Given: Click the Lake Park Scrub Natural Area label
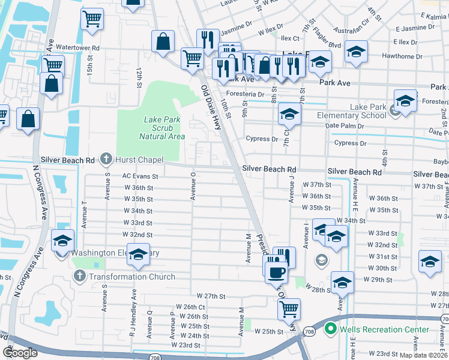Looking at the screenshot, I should [x=161, y=128].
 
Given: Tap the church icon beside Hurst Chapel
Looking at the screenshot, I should [x=106, y=160].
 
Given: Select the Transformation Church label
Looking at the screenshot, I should [x=132, y=277].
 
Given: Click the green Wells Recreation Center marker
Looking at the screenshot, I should [x=330, y=329].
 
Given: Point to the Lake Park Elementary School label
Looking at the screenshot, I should [x=368, y=111].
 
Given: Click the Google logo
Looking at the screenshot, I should [x=20, y=353].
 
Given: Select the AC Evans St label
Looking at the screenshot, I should [x=140, y=176].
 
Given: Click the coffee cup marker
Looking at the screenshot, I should [x=276, y=271].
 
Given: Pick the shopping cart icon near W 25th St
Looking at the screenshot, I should [x=289, y=308].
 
